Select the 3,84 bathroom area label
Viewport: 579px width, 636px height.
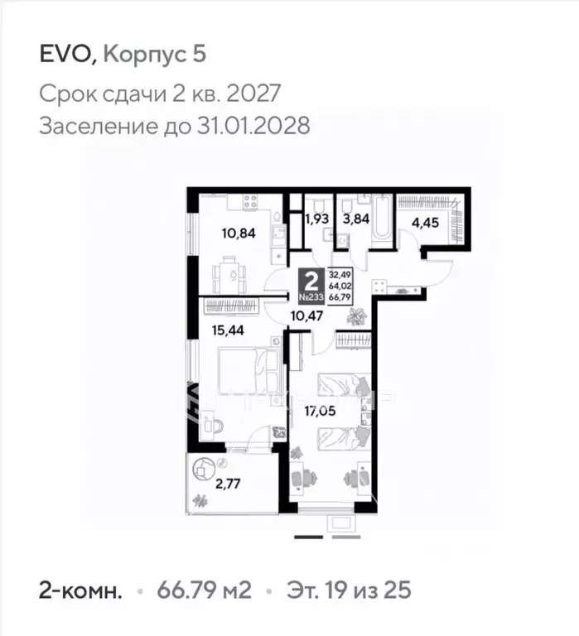[354, 220]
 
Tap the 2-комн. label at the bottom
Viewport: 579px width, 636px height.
[81, 591]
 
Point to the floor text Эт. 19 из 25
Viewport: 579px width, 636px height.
[348, 591]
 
